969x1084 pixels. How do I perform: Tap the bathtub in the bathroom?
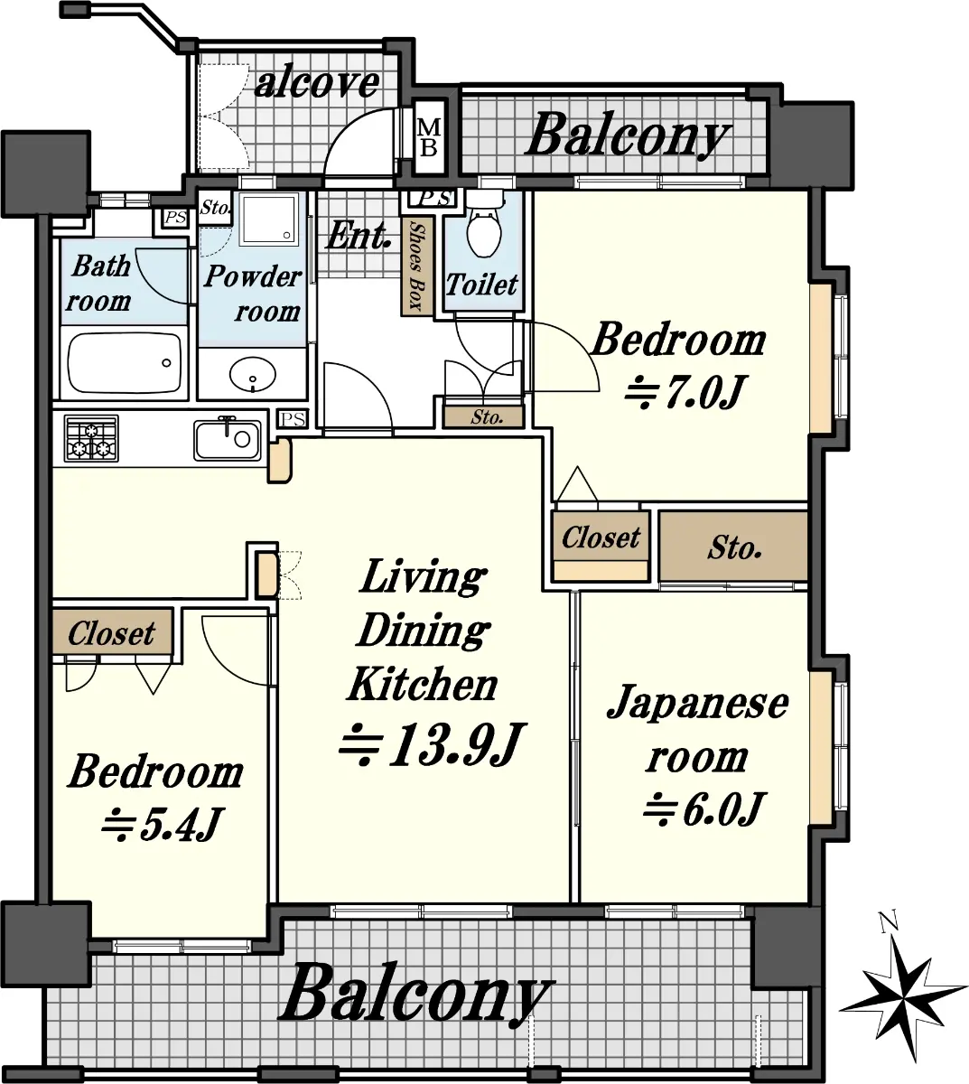pyautogui.click(x=124, y=364)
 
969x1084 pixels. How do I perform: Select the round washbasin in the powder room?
pyautogui.click(x=253, y=373)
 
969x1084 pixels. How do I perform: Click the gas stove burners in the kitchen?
pyautogui.click(x=91, y=438)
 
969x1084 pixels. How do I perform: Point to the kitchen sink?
pyautogui.click(x=228, y=439)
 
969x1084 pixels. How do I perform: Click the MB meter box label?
pyautogui.click(x=429, y=137)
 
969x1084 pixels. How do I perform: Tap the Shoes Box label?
pyautogui.click(x=417, y=266)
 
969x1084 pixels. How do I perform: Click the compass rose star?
pyautogui.click(x=904, y=996)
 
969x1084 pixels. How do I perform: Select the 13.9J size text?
pyautogui.click(x=433, y=744)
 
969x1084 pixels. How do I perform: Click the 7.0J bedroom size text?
pyautogui.click(x=685, y=392)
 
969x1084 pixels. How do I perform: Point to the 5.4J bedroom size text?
pyautogui.click(x=161, y=824)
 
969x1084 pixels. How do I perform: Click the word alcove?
pyautogui.click(x=317, y=82)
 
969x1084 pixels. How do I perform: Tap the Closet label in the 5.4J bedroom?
pyautogui.click(x=111, y=633)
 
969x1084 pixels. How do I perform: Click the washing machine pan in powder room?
pyautogui.click(x=268, y=220)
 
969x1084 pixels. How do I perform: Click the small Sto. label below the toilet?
pyautogui.click(x=487, y=416)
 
